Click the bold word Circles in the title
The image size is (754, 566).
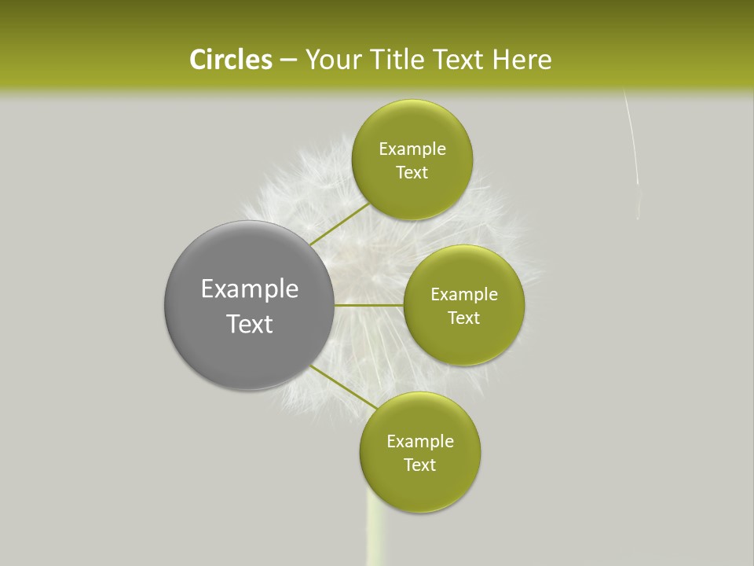click(x=230, y=60)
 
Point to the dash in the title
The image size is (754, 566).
click(x=287, y=61)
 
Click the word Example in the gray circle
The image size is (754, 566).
click(x=250, y=289)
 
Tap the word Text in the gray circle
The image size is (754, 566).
click(x=250, y=324)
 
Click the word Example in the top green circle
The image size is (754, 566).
click(x=412, y=149)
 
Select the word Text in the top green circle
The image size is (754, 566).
click(x=412, y=173)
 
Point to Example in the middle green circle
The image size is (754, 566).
click(x=464, y=295)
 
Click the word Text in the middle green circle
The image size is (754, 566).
click(x=464, y=318)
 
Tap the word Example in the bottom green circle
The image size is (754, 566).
click(x=420, y=442)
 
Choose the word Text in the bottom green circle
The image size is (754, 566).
click(x=420, y=465)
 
